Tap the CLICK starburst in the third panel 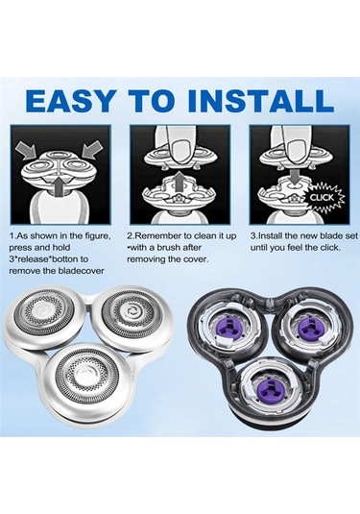[324, 198]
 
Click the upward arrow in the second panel [180, 183]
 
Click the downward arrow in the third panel [296, 175]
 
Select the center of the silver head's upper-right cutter [131, 310]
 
